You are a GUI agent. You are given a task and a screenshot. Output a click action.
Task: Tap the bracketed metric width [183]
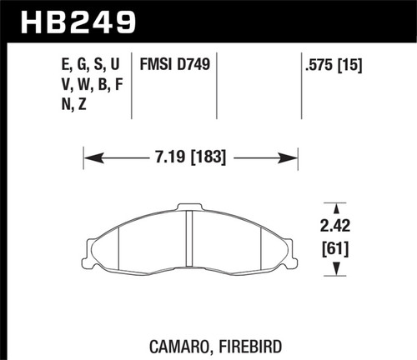pos(209,156)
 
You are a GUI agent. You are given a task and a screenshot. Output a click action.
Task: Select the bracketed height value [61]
pos(336,248)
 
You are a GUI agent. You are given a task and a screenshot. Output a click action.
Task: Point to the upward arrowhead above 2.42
pos(336,207)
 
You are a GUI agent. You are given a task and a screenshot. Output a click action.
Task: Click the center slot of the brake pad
pos(189,242)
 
